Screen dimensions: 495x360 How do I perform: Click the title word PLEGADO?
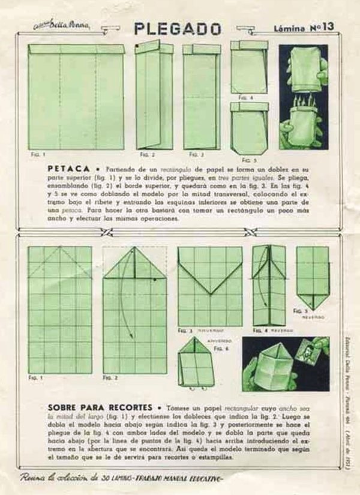(x=177, y=28)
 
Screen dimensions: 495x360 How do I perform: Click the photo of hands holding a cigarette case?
(x=303, y=96)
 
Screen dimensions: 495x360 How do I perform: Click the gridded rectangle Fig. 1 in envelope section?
(x=60, y=309)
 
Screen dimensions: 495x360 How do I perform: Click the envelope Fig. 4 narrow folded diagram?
(x=268, y=285)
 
